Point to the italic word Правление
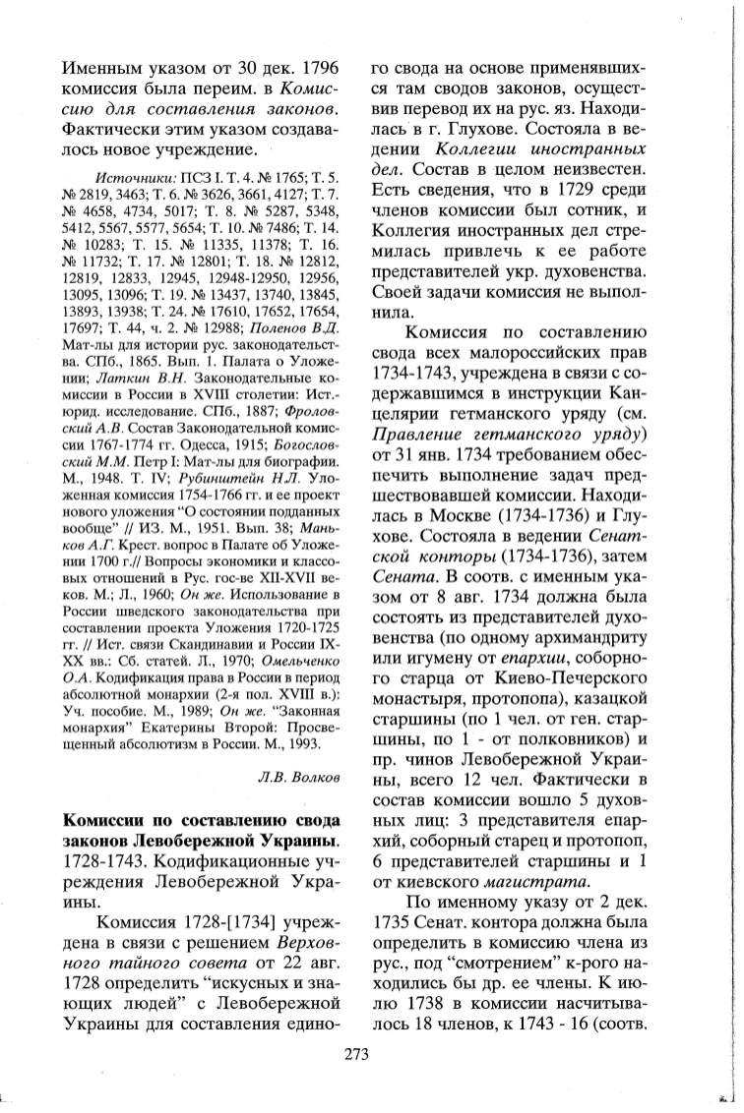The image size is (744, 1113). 414,461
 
